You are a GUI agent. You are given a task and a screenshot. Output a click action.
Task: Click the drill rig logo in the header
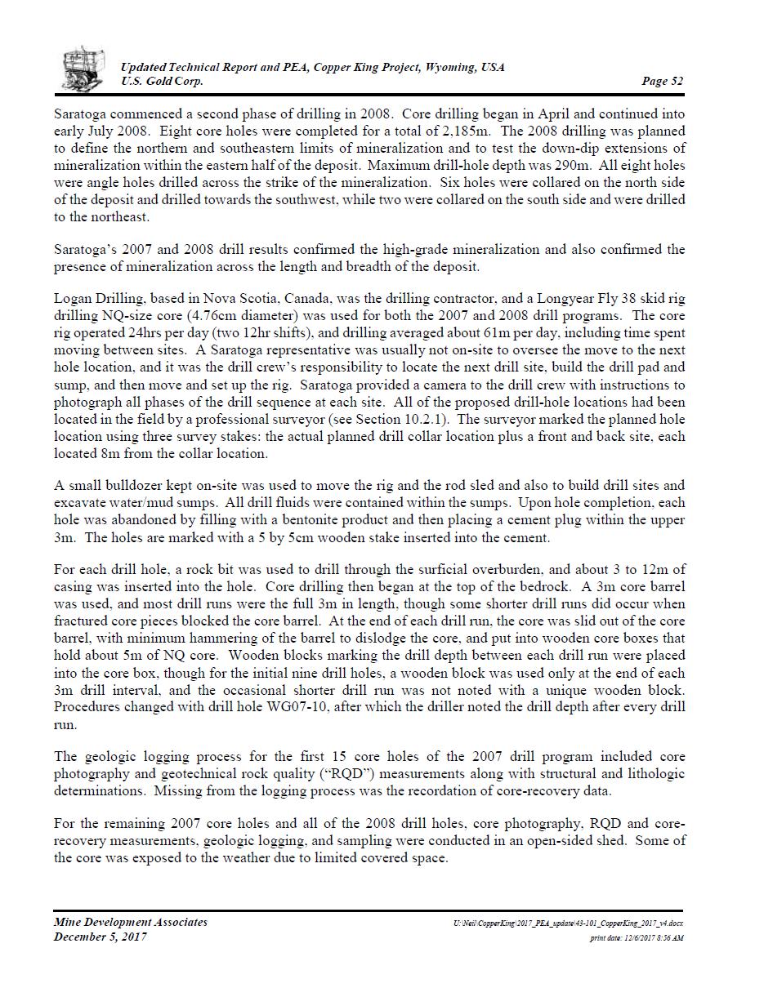tap(83, 69)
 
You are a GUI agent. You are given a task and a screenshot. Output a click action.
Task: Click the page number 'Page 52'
tap(663, 81)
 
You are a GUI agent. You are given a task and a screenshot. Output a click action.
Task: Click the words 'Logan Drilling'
tap(95, 299)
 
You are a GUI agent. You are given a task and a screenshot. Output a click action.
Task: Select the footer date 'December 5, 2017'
tap(101, 937)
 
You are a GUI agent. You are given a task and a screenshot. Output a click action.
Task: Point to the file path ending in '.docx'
tap(569, 923)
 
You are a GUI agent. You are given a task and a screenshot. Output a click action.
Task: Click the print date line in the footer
tap(637, 938)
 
